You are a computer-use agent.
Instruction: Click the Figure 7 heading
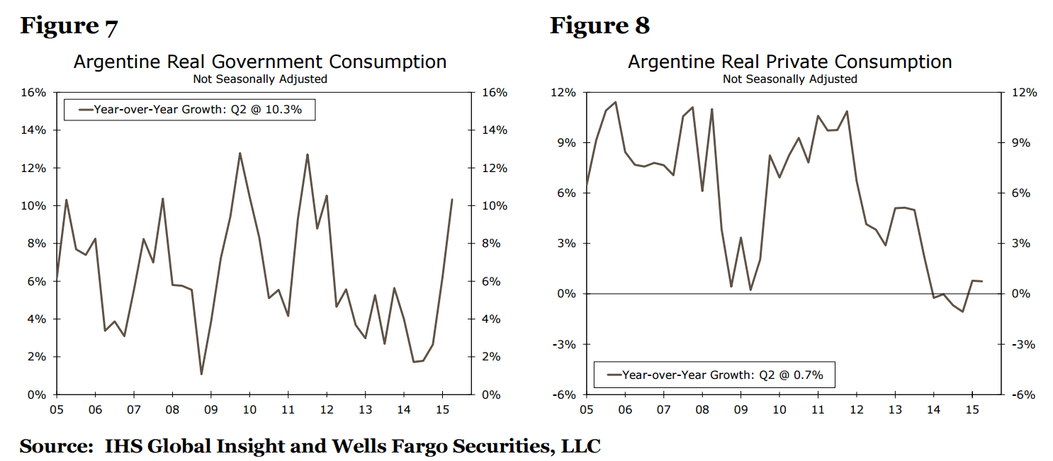[69, 26]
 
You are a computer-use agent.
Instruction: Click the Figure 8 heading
[599, 26]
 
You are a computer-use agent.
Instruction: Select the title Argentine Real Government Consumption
[260, 62]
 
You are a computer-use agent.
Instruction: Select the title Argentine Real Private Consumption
[789, 62]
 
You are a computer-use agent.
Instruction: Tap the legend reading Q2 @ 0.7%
[714, 375]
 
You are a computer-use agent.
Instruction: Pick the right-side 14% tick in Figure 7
[494, 130]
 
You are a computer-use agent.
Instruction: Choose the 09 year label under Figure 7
[210, 409]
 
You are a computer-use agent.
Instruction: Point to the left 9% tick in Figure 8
[568, 143]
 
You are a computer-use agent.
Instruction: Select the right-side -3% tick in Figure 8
[1021, 344]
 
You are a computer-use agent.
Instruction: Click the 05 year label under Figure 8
[586, 409]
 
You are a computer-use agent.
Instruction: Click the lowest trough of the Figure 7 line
[201, 374]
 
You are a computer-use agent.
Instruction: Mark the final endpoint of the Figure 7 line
[452, 200]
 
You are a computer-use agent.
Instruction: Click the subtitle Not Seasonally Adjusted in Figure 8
[789, 79]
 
